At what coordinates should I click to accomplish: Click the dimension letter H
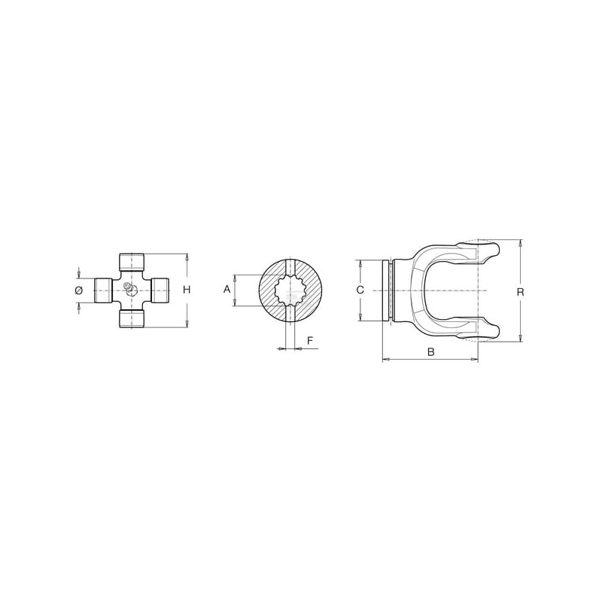click(187, 290)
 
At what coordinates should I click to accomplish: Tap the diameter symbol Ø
click(79, 290)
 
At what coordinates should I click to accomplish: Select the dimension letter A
click(227, 289)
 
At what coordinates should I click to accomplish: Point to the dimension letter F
click(310, 340)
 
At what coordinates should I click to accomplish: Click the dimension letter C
click(360, 290)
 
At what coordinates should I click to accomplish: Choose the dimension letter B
click(430, 351)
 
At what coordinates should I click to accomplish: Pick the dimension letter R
click(520, 292)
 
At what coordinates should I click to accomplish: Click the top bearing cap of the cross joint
click(131, 261)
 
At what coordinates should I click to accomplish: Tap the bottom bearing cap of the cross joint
click(131, 319)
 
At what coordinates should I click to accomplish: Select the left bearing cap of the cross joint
click(103, 290)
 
